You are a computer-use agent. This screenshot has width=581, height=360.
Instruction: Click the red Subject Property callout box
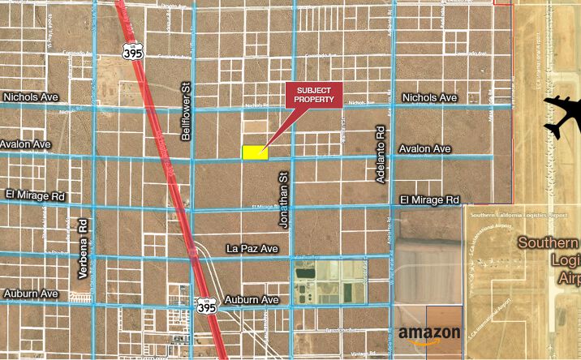point(314,94)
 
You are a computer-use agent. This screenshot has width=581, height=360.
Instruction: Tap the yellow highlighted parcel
point(255,152)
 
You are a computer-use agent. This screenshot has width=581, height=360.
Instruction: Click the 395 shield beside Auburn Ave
point(206,306)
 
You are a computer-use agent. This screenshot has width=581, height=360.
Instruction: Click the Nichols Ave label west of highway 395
point(32,96)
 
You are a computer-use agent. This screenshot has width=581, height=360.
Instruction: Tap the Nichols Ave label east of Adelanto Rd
point(430,97)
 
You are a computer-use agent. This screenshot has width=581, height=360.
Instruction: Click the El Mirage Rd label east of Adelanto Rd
point(430,199)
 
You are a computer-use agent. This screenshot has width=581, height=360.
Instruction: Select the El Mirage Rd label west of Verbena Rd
point(34,195)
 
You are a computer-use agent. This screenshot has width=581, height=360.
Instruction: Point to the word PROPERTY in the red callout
point(314,99)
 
